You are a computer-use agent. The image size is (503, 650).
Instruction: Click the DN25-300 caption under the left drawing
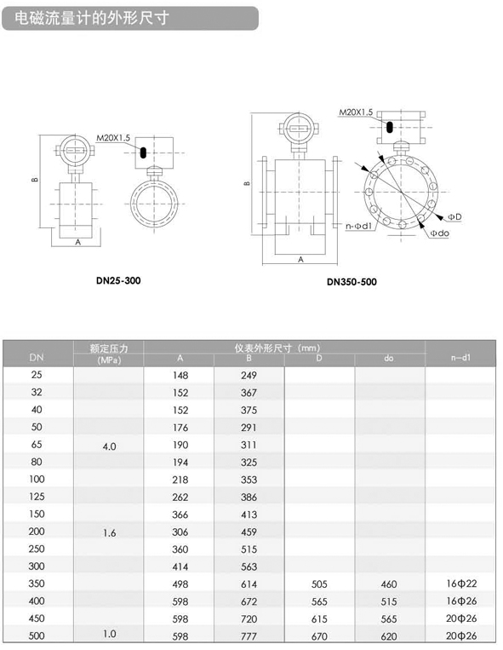tap(118, 280)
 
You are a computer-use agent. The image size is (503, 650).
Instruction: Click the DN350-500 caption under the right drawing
tap(352, 282)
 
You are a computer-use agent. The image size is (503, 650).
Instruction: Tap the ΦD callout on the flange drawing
tap(454, 216)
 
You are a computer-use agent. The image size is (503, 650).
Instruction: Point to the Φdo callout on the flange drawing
tap(440, 233)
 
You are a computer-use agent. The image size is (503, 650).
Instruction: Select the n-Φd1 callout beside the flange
tap(359, 227)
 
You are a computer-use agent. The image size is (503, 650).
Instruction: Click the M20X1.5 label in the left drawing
tap(113, 138)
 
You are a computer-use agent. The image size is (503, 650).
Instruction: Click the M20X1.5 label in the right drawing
tap(356, 112)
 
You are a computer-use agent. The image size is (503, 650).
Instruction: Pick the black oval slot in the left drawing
tap(143, 152)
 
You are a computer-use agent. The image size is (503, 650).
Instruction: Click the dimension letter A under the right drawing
tap(301, 260)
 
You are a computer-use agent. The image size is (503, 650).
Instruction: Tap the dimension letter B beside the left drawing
tap(35, 180)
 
